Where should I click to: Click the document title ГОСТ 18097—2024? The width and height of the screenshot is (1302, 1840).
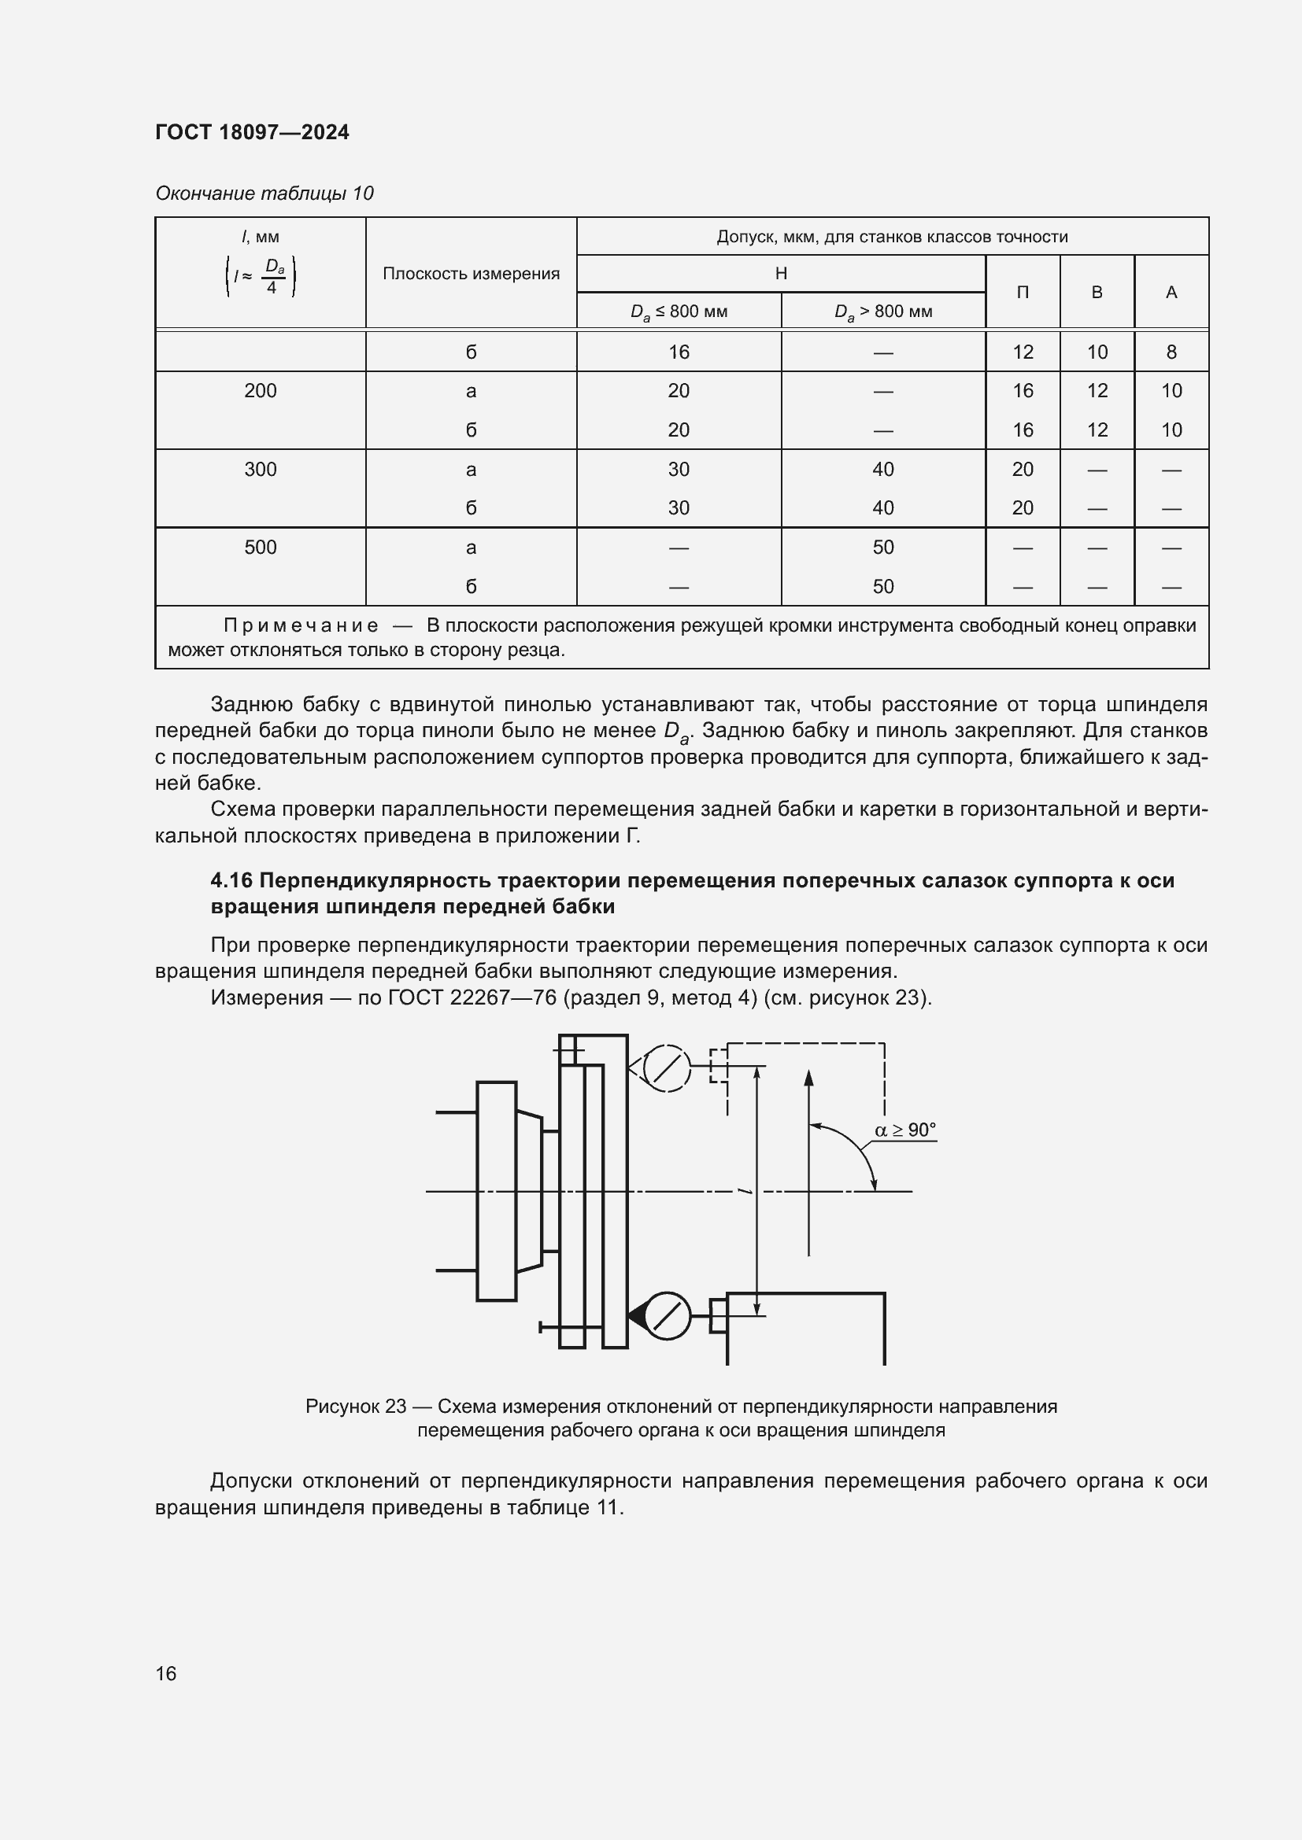pyautogui.click(x=252, y=132)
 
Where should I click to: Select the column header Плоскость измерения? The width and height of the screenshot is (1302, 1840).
pyautogui.click(x=471, y=274)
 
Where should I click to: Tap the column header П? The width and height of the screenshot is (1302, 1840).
pyautogui.click(x=1023, y=293)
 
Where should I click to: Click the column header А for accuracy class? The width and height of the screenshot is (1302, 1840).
pyautogui.click(x=1171, y=293)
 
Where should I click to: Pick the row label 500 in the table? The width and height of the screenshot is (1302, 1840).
pyautogui.click(x=260, y=548)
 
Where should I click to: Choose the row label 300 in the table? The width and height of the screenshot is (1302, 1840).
pyautogui.click(x=260, y=469)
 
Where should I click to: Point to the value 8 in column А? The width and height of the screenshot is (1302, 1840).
pyautogui.click(x=1171, y=352)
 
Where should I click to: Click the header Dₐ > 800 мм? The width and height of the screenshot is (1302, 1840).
pyautogui.click(x=882, y=312)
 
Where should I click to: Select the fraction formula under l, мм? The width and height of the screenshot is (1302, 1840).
pyautogui.click(x=261, y=276)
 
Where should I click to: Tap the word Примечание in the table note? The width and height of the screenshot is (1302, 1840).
pyautogui.click(x=301, y=626)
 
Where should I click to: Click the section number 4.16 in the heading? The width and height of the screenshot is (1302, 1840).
pyautogui.click(x=231, y=881)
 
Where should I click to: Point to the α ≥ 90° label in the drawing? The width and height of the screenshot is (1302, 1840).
pyautogui.click(x=905, y=1130)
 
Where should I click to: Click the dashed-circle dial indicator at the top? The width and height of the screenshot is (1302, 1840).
pyautogui.click(x=666, y=1068)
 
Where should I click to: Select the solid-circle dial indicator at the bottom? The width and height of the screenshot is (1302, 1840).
pyautogui.click(x=667, y=1316)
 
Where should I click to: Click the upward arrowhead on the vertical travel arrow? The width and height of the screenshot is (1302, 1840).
pyautogui.click(x=808, y=1078)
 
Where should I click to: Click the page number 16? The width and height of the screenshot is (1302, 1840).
pyautogui.click(x=166, y=1673)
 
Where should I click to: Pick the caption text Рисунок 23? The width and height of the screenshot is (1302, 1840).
pyautogui.click(x=356, y=1407)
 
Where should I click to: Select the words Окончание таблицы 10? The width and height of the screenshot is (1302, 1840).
pyautogui.click(x=264, y=194)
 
